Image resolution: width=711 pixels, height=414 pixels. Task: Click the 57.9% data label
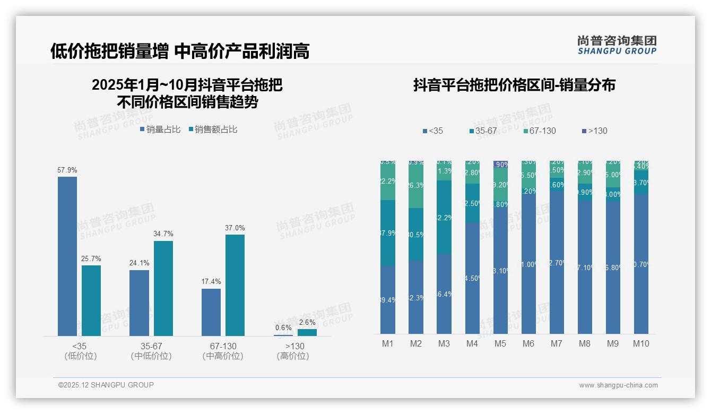[x=67, y=170]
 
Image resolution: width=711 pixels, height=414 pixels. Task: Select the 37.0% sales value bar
[x=235, y=285]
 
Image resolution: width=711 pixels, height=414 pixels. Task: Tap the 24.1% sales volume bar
[x=139, y=303]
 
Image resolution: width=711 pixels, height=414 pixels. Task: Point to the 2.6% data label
[x=307, y=322]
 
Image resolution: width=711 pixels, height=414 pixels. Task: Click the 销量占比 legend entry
[x=160, y=130]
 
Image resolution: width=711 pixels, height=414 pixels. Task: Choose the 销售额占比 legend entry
[x=212, y=130]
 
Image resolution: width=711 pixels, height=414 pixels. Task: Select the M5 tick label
[x=500, y=343]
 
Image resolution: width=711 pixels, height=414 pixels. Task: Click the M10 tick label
[x=641, y=343]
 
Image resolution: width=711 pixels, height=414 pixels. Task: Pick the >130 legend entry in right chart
[x=594, y=131]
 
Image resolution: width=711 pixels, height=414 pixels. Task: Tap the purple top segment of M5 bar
[x=500, y=165]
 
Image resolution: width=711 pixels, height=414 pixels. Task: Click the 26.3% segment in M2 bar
[x=416, y=186]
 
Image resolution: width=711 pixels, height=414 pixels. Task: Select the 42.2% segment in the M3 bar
[x=444, y=217]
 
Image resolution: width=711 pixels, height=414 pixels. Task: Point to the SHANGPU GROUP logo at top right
[x=617, y=45]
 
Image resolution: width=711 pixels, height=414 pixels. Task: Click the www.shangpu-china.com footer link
[x=618, y=385]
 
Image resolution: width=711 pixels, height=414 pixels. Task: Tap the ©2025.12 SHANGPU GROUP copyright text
[x=106, y=385]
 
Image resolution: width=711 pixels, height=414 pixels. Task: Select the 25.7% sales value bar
[x=91, y=300]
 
